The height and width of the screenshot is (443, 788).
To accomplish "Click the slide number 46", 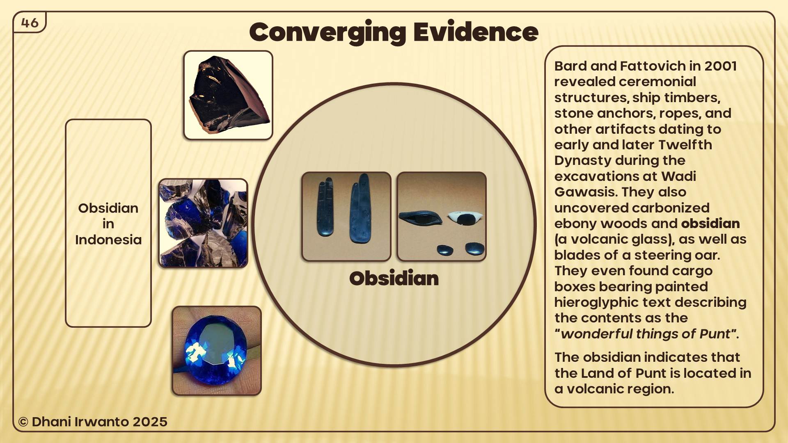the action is point(30,23).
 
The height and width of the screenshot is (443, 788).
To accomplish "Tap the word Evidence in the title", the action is point(476,32).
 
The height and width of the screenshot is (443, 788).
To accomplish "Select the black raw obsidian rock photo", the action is point(228,95).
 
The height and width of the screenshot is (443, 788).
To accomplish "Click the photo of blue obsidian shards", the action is point(203,223).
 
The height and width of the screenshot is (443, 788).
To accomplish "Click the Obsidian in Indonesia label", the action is point(108,224).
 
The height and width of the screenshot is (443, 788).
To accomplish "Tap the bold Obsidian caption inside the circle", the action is point(394,279).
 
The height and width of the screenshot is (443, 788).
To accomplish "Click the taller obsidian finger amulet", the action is point(360,209).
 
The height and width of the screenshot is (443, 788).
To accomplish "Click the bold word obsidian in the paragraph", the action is point(710,224).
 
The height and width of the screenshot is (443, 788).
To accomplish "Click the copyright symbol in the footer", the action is point(23,422).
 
